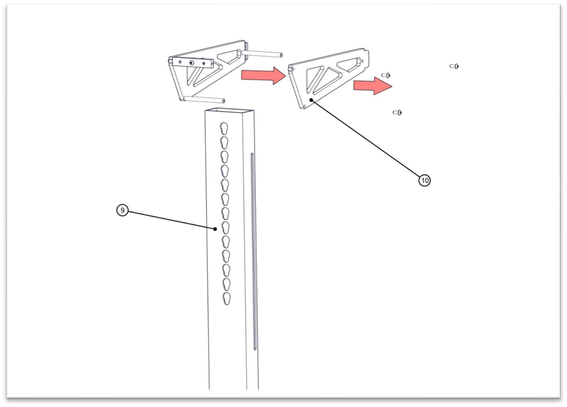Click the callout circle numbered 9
(123, 210)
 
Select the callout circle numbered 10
(425, 180)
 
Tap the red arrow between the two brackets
(264, 75)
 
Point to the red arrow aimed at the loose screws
(373, 86)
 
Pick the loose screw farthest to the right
(454, 66)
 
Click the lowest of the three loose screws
(397, 112)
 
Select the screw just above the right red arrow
(386, 75)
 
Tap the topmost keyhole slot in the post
(224, 129)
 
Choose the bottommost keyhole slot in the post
(227, 298)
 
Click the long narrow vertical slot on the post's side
(253, 252)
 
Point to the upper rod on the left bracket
(262, 54)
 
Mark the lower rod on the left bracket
(205, 99)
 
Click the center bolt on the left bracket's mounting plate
(192, 63)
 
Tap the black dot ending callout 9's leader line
(216, 229)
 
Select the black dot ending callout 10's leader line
(311, 99)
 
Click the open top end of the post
(230, 111)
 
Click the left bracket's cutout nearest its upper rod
(229, 57)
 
